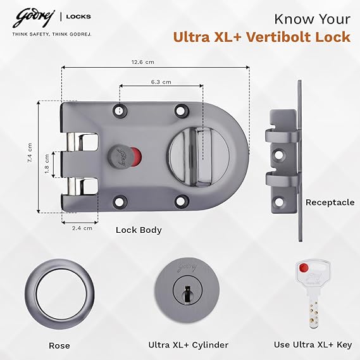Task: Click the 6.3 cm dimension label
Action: point(160,82)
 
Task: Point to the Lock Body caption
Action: point(139,230)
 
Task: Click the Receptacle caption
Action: point(330,202)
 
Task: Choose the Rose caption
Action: point(59,345)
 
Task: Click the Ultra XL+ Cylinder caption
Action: point(188,345)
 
